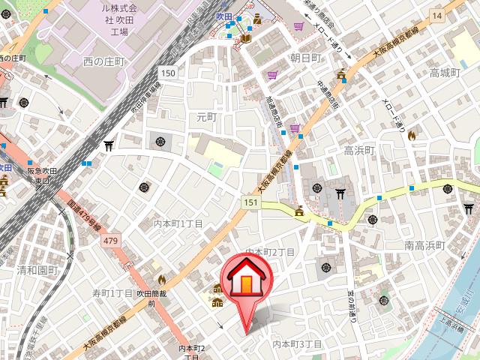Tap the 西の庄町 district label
[x=107, y=61]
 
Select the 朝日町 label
[x=305, y=58]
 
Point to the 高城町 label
[x=444, y=73]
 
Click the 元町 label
[x=205, y=117]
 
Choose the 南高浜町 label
[x=424, y=245]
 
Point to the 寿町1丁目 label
[x=112, y=292]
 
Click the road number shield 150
[x=167, y=72]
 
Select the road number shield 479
[x=111, y=240]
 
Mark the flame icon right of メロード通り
[x=411, y=135]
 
